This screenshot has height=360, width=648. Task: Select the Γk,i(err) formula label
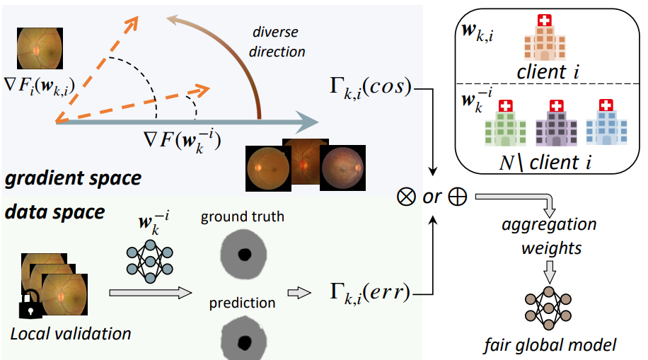[x=369, y=291]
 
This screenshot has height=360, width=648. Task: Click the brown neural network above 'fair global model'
[x=549, y=308]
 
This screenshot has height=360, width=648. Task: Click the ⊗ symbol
[x=407, y=196]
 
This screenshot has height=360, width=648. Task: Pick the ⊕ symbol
[x=458, y=196]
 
